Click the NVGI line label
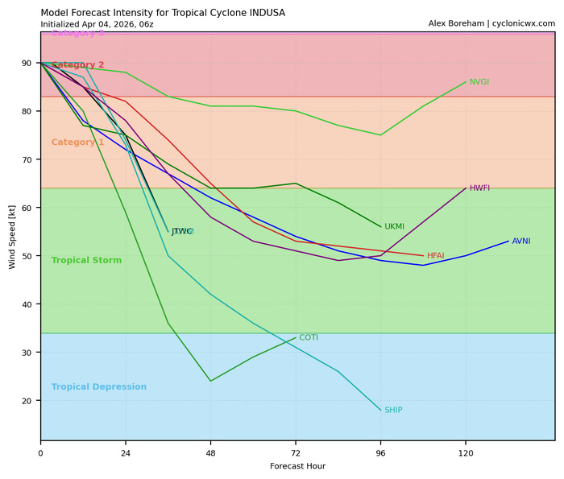pos(479,82)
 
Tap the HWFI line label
pos(479,188)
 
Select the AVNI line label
pos(521,242)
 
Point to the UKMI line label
pos(394,227)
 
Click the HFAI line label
pos(436,256)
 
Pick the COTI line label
pos(309,338)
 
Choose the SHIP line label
pos(393,411)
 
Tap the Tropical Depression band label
pos(98,387)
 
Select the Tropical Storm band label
pos(86,261)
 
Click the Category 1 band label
pos(77,142)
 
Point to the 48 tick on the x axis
pos(211,453)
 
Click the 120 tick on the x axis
pos(466,453)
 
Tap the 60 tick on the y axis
pos(27,208)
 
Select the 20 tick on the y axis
pos(27,401)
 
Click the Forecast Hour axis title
pos(297,466)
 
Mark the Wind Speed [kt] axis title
pos(12,237)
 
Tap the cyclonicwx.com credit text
pos(520,24)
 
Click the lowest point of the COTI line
pos(211,381)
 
